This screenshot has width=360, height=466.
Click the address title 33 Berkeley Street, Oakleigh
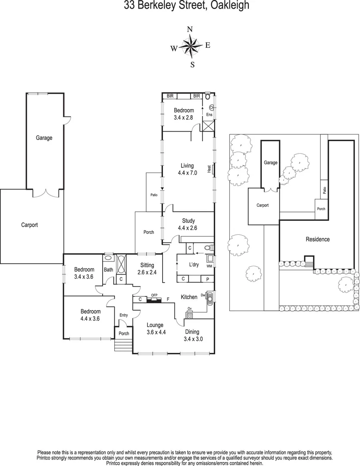point(180,6)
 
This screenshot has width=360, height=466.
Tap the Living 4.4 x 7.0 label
point(187,169)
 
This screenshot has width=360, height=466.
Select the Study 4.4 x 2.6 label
point(188,224)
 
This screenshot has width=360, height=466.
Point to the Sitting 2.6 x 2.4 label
point(148,269)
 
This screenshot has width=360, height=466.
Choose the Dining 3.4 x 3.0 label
point(192,335)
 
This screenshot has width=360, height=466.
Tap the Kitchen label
point(189,297)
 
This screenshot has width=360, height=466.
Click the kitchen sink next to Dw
point(210,298)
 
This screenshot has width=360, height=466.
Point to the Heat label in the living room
point(209,169)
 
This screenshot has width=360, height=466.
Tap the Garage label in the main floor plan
point(44,138)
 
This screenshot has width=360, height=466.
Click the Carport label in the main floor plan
point(30,225)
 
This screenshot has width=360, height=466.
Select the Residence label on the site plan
point(317,239)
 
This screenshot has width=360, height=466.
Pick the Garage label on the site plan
point(270,163)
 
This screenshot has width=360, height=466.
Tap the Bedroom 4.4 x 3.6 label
point(91,315)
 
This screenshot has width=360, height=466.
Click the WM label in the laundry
point(210,266)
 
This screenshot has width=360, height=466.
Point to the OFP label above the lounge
point(154,296)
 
